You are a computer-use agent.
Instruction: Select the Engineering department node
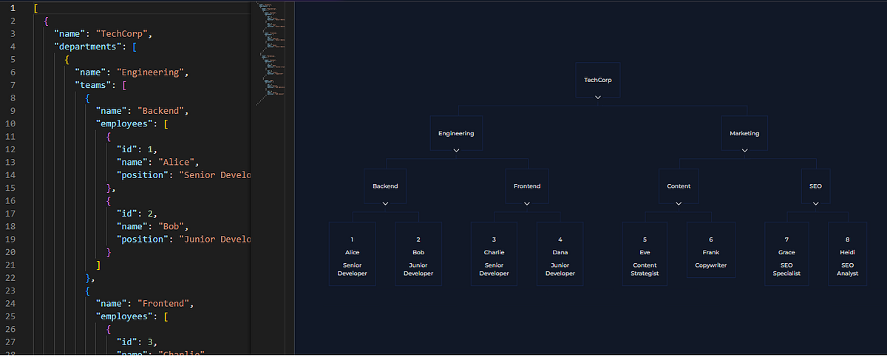click(456, 134)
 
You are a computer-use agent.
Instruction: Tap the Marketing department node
click(744, 134)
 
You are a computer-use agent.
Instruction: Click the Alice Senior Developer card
click(352, 254)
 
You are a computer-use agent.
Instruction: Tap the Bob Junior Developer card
click(418, 254)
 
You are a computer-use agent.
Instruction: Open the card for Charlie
click(494, 254)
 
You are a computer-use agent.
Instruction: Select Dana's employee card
click(560, 254)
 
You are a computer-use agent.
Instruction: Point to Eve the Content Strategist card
click(645, 254)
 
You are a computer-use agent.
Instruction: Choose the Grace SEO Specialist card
click(786, 254)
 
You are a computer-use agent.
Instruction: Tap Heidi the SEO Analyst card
click(848, 254)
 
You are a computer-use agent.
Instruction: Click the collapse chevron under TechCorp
click(598, 97)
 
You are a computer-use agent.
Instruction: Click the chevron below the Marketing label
click(744, 150)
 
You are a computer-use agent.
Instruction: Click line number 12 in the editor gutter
click(12, 149)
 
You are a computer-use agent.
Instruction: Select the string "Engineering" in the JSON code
click(157, 72)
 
